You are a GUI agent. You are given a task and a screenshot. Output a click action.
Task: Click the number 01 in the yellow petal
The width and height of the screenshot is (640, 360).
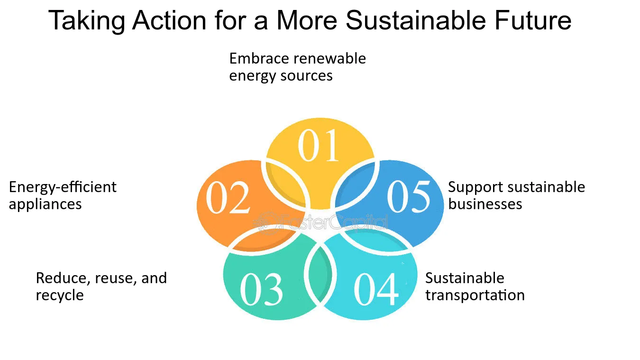(319, 146)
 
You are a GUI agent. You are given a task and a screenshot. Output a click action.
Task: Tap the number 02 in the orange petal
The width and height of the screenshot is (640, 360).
(228, 198)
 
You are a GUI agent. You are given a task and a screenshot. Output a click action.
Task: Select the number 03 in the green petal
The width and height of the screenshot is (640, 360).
(262, 289)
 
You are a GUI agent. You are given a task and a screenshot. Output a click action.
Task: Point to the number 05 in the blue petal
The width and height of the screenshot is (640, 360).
(409, 196)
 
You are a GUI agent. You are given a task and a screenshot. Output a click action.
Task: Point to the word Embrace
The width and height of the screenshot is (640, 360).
(259, 58)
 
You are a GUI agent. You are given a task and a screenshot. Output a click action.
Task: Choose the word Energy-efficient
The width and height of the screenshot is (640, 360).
(63, 187)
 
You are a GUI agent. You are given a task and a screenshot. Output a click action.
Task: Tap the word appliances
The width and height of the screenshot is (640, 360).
(45, 204)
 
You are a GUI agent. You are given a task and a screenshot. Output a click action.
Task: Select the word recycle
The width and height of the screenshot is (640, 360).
(60, 295)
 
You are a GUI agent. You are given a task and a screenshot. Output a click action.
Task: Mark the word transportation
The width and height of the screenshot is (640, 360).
(475, 295)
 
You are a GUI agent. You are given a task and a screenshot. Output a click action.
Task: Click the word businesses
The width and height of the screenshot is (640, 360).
(485, 204)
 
